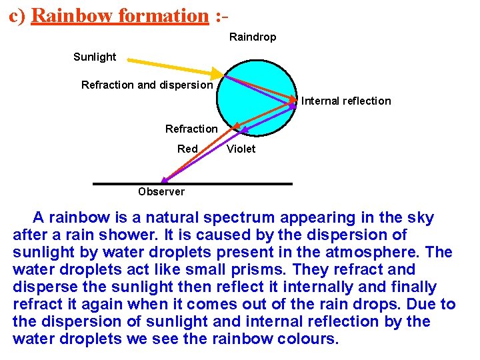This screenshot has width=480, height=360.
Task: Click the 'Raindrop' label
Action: point(253,37)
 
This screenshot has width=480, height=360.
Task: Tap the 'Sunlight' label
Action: point(95,57)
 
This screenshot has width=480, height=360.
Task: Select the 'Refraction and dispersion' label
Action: point(147,85)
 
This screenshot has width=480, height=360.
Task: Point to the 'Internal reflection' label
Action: point(346,101)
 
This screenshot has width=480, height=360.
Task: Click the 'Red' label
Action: point(187,149)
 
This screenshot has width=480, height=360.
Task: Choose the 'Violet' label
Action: point(241,149)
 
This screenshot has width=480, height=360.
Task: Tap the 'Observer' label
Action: point(161,192)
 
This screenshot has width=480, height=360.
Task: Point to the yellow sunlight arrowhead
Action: point(218,73)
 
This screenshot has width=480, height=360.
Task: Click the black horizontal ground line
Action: point(193,183)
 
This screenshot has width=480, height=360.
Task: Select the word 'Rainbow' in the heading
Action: point(72,15)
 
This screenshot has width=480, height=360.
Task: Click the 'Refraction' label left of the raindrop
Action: point(191,129)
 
